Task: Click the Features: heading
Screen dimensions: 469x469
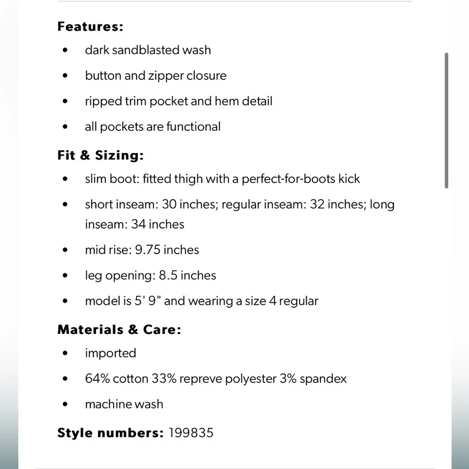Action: click(x=90, y=27)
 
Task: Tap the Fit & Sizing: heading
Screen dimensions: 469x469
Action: click(x=100, y=155)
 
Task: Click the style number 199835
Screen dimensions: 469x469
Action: click(x=190, y=432)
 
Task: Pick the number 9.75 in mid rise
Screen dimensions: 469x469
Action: click(x=148, y=250)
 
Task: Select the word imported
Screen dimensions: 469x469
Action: click(x=110, y=353)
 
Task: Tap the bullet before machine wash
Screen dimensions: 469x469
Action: click(x=65, y=404)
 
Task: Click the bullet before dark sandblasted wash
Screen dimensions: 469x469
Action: click(x=65, y=50)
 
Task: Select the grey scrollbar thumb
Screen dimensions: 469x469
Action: click(x=446, y=121)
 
